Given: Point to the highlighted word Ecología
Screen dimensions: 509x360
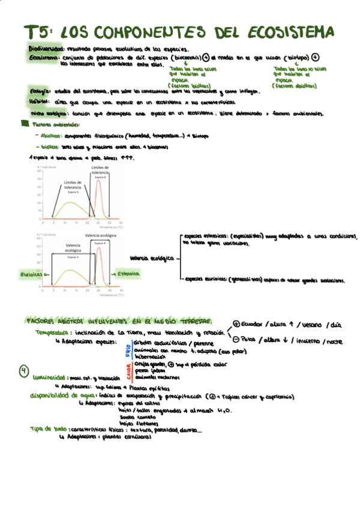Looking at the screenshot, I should [x=39, y=91].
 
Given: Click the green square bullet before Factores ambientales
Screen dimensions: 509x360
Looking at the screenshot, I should [x=25, y=124].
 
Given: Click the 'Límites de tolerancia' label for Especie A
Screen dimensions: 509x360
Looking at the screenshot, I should [x=73, y=186].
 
